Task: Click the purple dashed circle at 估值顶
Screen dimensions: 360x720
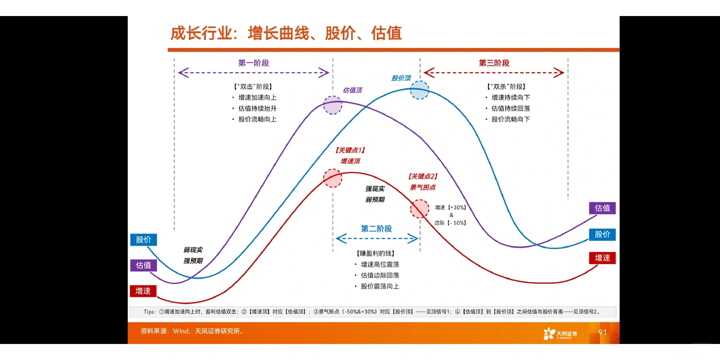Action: [333, 105]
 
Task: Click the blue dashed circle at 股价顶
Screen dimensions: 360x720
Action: [419, 90]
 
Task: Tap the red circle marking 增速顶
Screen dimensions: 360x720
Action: [333, 178]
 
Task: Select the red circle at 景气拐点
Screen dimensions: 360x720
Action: [419, 209]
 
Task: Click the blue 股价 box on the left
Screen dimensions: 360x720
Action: [143, 239]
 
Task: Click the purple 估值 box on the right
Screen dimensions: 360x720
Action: [602, 208]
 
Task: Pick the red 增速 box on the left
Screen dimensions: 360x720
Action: [143, 291]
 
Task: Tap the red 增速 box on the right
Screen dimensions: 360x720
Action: [602, 258]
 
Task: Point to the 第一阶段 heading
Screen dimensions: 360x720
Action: [253, 63]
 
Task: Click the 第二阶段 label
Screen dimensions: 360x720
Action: [376, 229]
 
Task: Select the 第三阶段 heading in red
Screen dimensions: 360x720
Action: [494, 63]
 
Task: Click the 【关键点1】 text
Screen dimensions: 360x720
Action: [350, 150]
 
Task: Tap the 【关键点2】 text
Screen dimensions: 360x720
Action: [423, 176]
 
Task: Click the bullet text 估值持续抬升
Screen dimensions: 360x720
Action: [257, 108]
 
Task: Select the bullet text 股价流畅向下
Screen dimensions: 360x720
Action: [510, 119]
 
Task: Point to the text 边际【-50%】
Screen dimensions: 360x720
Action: [450, 223]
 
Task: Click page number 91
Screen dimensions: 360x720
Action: [602, 332]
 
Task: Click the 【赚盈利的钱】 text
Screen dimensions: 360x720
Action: [375, 253]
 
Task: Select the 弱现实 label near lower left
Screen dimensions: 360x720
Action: [193, 250]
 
